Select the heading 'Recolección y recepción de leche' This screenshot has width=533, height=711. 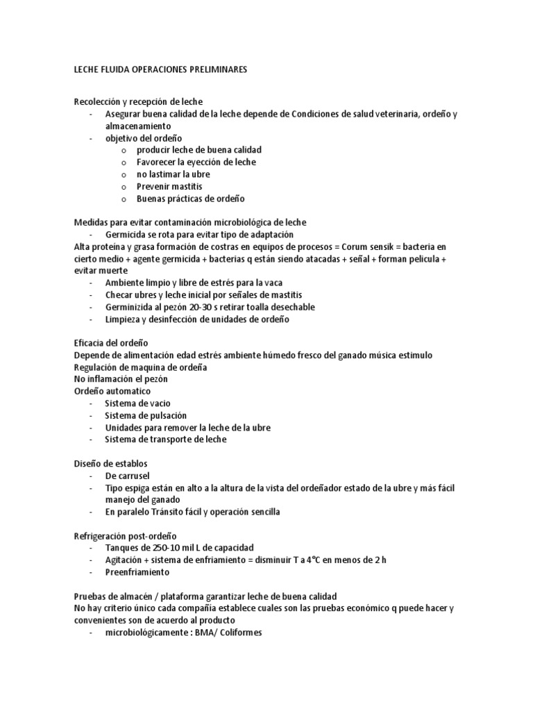(x=137, y=101)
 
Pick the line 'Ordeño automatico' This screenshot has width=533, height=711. (x=110, y=391)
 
